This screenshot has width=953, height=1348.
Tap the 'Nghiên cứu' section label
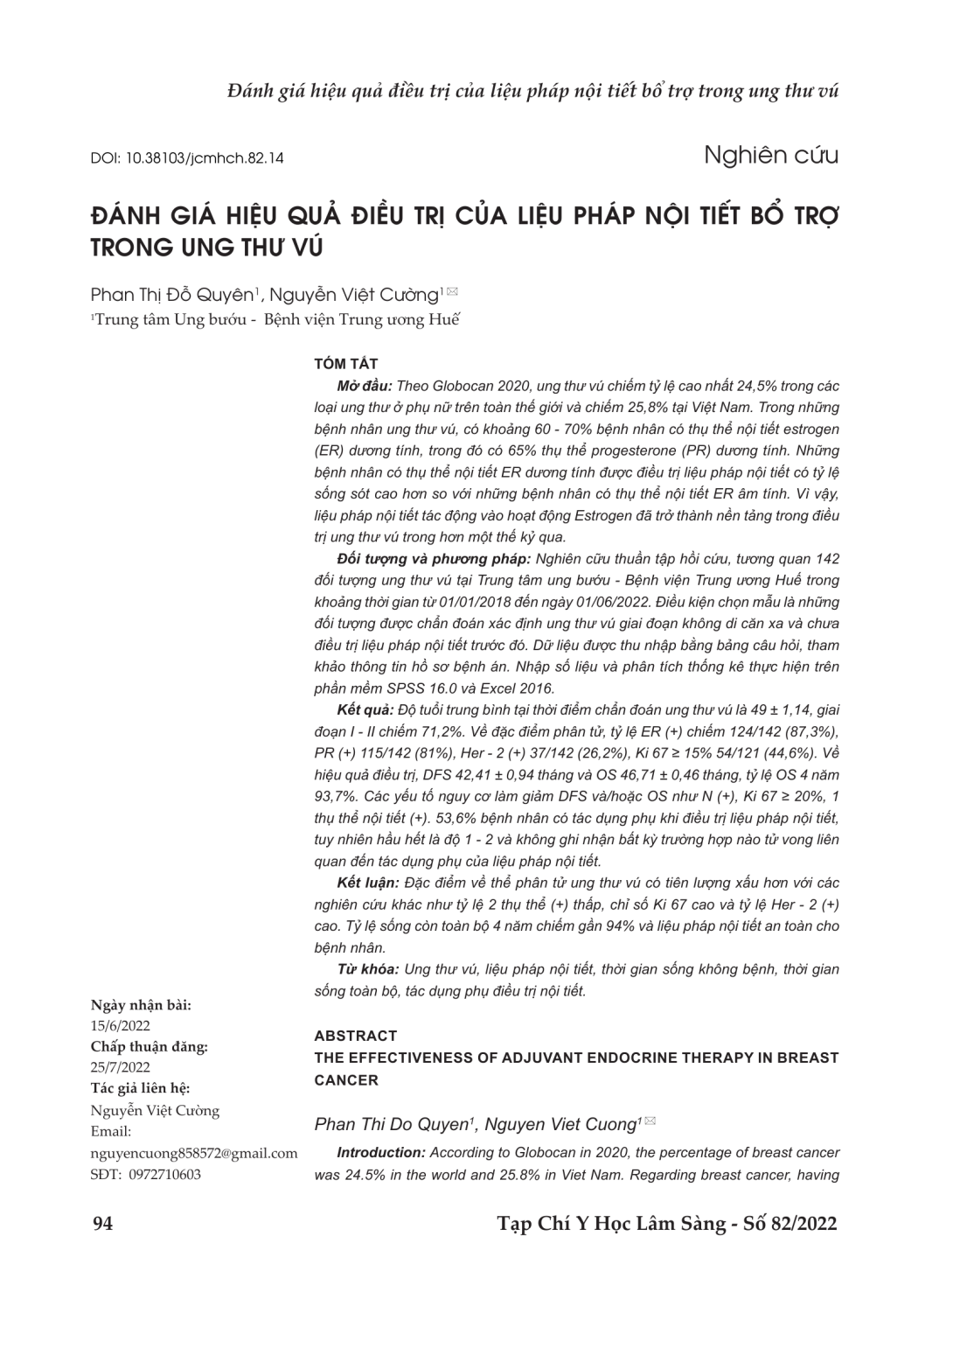[x=770, y=156]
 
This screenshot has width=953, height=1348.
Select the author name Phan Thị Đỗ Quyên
[x=171, y=295]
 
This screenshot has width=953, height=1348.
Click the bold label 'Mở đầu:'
[x=365, y=386]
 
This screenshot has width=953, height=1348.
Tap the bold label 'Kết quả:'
[x=365, y=710]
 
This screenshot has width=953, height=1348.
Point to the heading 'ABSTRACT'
[x=355, y=1036]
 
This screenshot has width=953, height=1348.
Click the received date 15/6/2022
[x=121, y=1025]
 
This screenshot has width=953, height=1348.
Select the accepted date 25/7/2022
[x=121, y=1067]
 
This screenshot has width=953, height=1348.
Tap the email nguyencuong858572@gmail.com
[x=194, y=1153]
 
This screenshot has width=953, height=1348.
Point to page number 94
[x=102, y=1223]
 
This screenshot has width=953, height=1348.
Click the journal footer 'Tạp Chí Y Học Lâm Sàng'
[x=611, y=1223]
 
